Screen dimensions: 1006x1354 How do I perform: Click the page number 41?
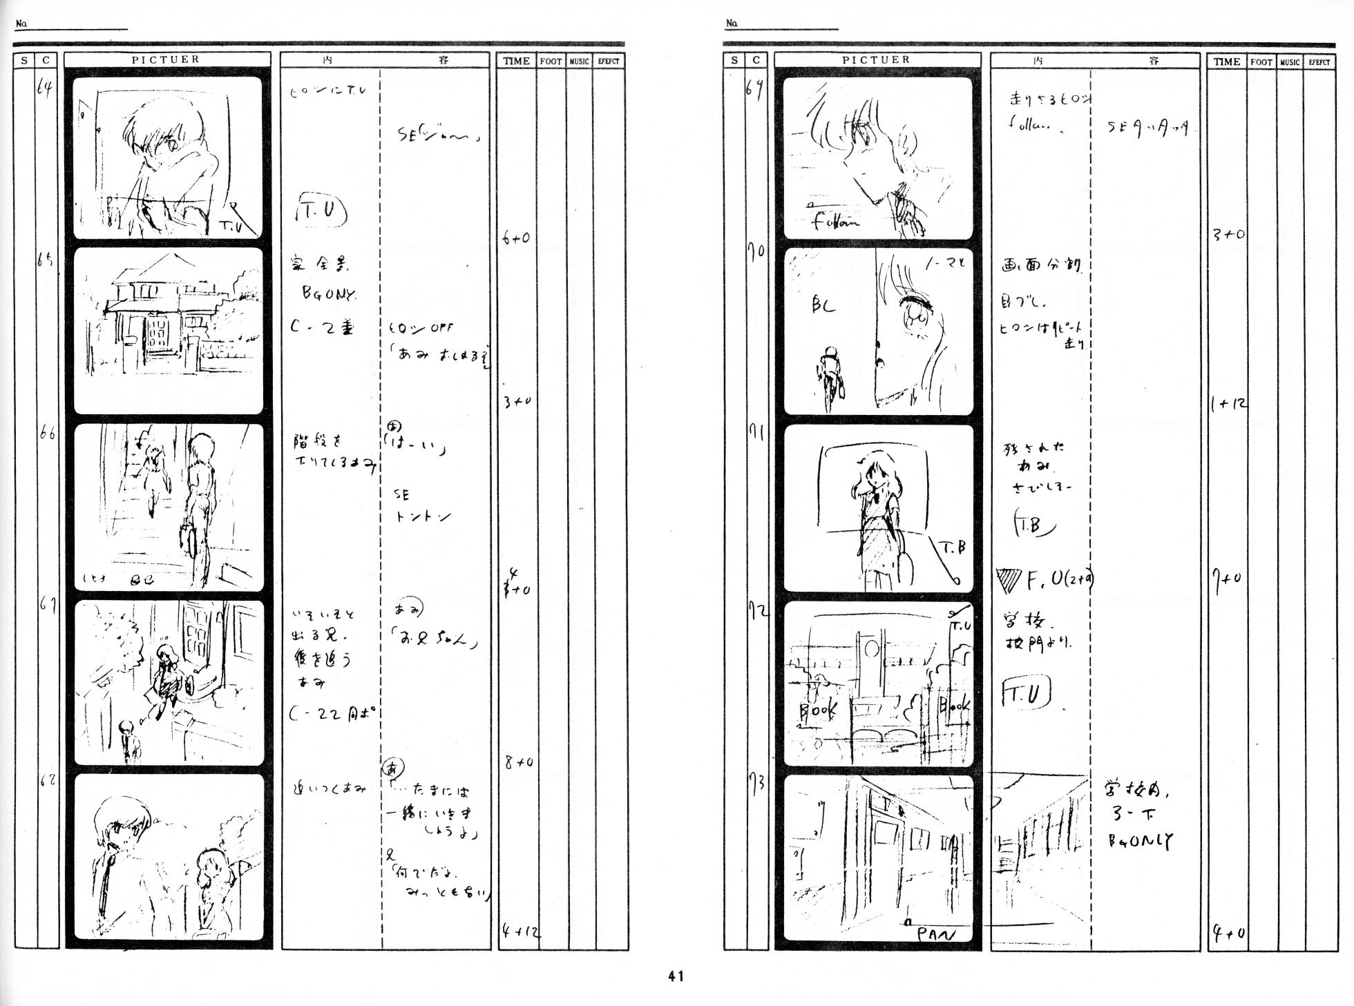click(x=676, y=976)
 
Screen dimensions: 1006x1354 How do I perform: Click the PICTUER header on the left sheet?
click(x=166, y=59)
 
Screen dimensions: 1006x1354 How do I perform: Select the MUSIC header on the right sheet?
click(x=1289, y=61)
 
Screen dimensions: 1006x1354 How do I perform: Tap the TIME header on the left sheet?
click(x=516, y=61)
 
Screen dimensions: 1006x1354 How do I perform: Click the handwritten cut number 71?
click(x=756, y=434)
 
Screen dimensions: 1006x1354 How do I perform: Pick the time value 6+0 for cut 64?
click(x=515, y=239)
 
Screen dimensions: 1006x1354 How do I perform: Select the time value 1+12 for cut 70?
click(x=1228, y=404)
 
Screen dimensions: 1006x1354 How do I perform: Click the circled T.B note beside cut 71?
click(x=1032, y=525)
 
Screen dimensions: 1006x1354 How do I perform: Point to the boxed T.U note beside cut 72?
click(x=1025, y=695)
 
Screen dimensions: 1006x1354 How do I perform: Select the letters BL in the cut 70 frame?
click(x=823, y=304)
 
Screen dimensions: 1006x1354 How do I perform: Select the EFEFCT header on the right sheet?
click(x=1319, y=61)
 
